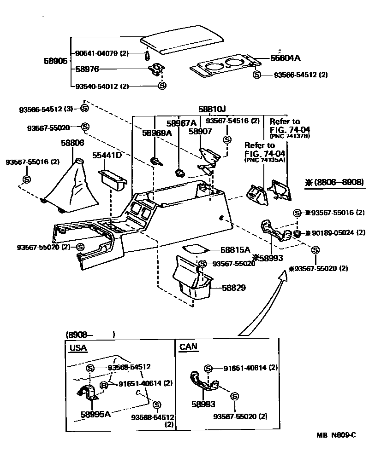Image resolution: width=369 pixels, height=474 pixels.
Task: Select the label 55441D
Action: (x=107, y=156)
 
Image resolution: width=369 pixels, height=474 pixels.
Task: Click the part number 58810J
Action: (x=212, y=110)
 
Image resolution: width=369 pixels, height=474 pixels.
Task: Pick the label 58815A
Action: (x=235, y=250)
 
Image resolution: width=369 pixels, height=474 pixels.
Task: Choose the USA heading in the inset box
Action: (x=78, y=347)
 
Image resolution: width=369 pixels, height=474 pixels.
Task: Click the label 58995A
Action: (x=96, y=414)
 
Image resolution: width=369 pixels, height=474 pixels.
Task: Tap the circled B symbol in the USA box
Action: (x=104, y=385)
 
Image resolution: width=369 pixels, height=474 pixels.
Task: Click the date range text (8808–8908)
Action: (x=334, y=182)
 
